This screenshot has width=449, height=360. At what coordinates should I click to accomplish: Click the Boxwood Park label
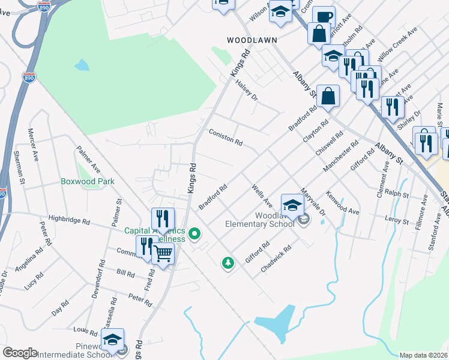point(87,181)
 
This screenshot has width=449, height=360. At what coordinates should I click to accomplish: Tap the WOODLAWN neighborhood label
point(252,40)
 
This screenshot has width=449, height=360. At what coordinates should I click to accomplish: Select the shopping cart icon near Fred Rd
point(163,254)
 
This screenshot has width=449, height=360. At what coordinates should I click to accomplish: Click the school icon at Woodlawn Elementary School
point(292,206)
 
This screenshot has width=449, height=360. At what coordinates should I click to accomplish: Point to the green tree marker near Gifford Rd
point(228,263)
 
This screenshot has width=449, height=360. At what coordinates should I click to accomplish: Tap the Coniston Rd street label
point(225,137)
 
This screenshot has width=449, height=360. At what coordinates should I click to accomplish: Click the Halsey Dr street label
point(246,89)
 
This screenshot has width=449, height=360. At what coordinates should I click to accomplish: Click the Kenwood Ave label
point(342,203)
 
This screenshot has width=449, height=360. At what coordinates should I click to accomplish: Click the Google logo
point(20,353)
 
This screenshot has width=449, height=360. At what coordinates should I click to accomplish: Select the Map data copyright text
point(424,355)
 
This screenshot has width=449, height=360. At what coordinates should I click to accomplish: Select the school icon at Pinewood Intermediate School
point(112,340)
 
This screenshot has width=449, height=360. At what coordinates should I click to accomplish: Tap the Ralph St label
point(397,194)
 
